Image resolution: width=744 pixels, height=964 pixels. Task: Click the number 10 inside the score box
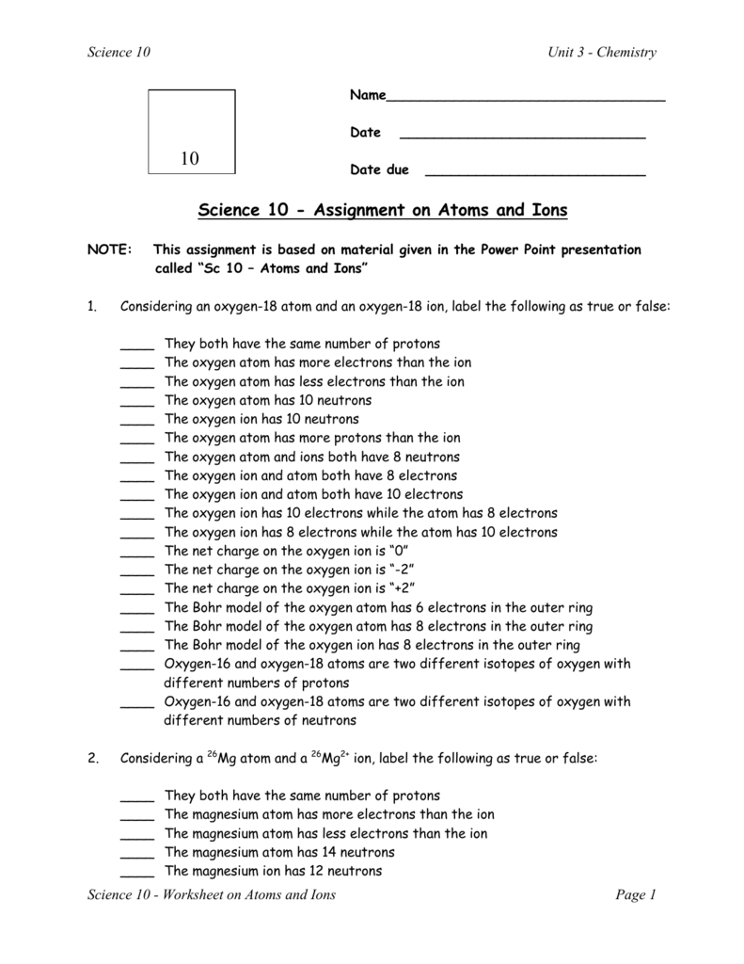pos(191,159)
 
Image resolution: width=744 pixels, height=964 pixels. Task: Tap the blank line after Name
pos(526,99)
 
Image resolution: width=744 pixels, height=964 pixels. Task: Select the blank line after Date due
pos(535,174)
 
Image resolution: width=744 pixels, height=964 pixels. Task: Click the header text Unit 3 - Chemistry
pos(602,53)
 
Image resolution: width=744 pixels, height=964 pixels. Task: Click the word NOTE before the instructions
pos(106,250)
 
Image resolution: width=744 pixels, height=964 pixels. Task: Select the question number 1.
pos(92,307)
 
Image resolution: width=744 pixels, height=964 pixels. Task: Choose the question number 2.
pos(92,758)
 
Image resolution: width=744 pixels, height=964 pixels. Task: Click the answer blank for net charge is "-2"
pos(137,573)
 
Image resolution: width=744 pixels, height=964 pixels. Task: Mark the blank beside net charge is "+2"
pos(137,592)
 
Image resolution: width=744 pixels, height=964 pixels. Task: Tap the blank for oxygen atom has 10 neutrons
pos(137,403)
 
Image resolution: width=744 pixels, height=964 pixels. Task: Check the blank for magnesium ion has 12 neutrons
pos(137,874)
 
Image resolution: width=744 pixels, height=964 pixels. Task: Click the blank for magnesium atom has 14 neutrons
pos(137,855)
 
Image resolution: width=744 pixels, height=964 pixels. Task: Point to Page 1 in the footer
pos(635,895)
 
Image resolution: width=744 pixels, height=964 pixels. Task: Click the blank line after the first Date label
pos(523,137)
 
